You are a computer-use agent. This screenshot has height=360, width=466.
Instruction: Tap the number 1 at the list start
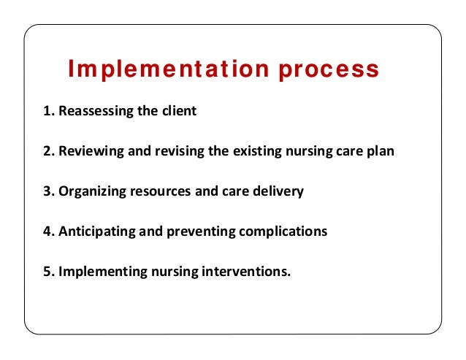[47, 112]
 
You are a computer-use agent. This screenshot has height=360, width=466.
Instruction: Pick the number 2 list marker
[47, 152]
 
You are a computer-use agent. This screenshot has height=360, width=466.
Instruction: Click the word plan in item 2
[380, 152]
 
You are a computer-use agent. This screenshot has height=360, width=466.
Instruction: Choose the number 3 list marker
[47, 191]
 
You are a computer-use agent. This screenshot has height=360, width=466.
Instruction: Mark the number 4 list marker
[47, 231]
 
